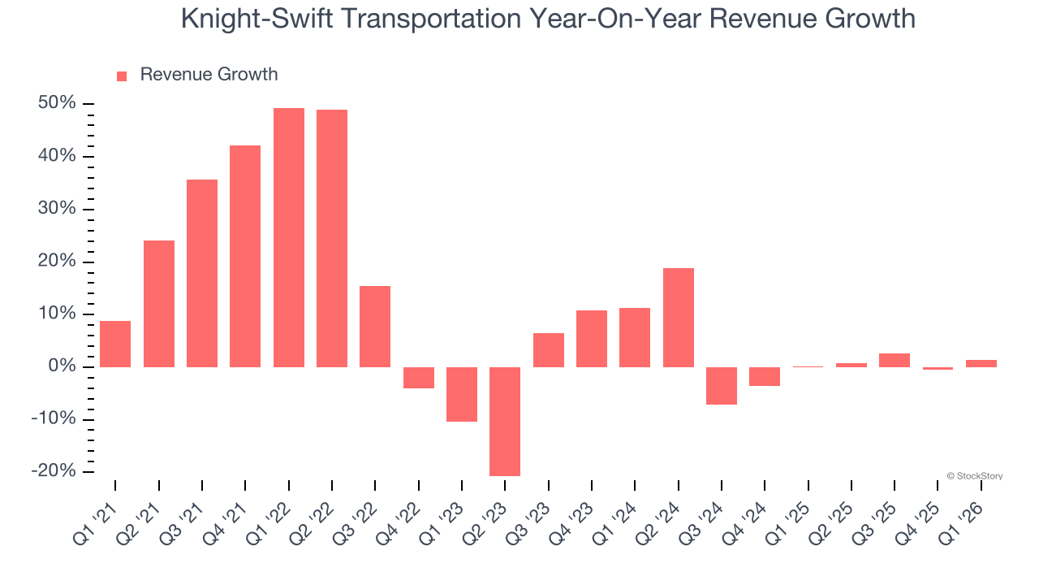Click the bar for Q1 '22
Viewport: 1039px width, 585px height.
(289, 237)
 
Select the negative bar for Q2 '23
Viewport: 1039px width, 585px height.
(505, 421)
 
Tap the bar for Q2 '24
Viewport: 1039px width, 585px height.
(679, 318)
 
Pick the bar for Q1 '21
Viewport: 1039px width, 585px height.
(115, 344)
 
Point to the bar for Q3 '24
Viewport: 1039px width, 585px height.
(722, 385)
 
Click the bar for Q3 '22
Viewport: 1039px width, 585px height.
(375, 327)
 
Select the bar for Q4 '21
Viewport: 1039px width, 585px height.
(245, 256)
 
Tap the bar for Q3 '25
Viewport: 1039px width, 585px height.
(895, 360)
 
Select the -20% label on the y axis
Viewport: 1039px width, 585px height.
(54, 471)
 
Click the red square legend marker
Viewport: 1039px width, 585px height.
(122, 76)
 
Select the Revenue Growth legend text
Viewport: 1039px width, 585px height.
(209, 75)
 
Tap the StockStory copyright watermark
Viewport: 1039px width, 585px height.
(974, 476)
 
